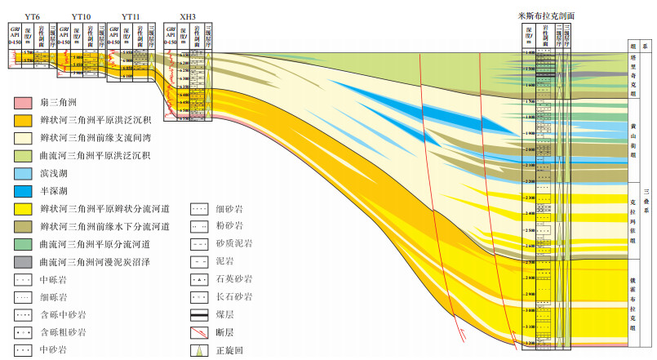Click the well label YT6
pyautogui.click(x=33, y=16)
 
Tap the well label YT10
pyautogui.click(x=82, y=16)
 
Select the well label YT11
pyautogui.click(x=131, y=16)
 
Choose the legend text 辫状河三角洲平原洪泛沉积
pyautogui.click(x=82, y=121)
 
